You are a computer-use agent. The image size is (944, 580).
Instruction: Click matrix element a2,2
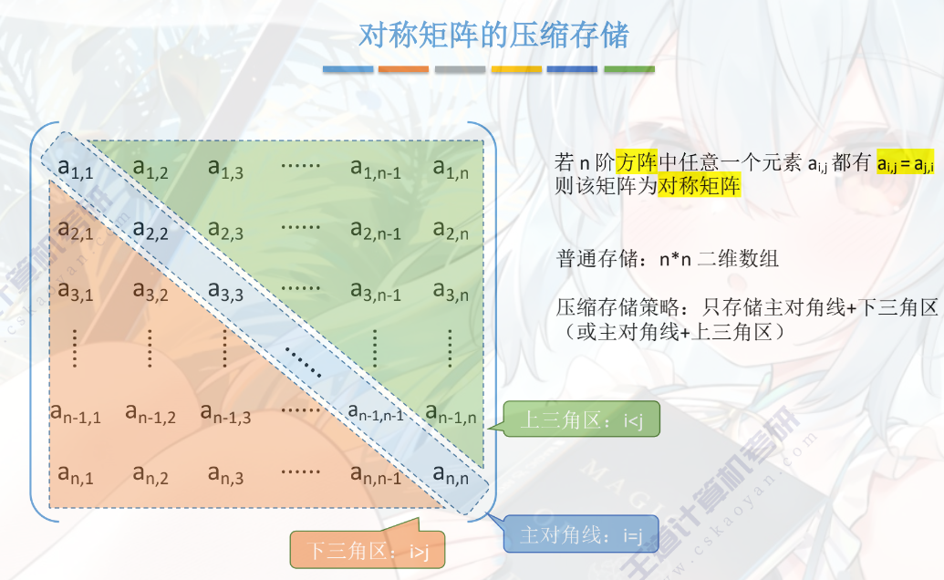(x=151, y=231)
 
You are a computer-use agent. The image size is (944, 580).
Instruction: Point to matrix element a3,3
(x=225, y=293)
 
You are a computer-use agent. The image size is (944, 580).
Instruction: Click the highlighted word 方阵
(x=636, y=163)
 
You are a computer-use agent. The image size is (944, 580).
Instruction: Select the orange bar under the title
(x=404, y=69)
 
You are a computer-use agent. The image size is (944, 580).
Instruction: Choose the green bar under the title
(x=629, y=69)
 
